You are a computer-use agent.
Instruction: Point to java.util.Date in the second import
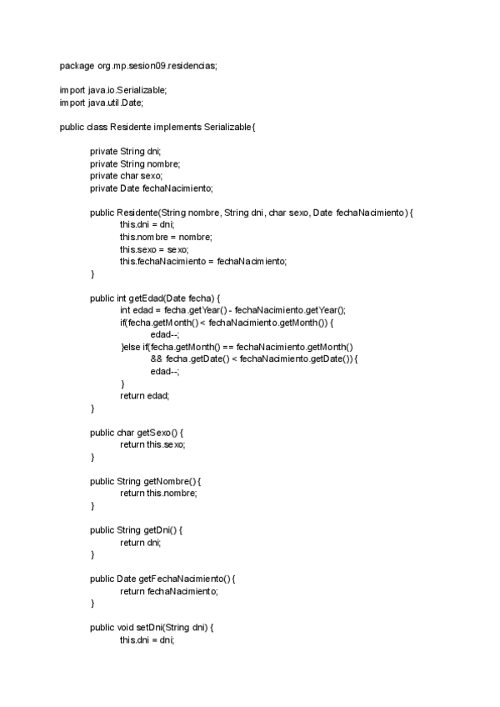(x=114, y=102)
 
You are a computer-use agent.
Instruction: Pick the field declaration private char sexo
(x=126, y=175)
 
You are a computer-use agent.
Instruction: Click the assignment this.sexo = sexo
(x=154, y=249)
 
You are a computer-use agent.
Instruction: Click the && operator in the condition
(x=157, y=359)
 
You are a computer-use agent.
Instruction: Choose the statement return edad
(x=145, y=395)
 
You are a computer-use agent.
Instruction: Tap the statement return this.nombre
(x=159, y=494)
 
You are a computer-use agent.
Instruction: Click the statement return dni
(x=141, y=543)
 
